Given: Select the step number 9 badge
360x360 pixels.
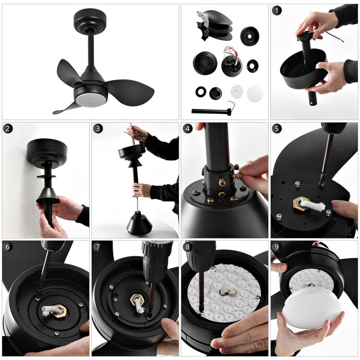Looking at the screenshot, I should click(x=277, y=247).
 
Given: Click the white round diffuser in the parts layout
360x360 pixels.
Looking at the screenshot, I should click(x=255, y=93).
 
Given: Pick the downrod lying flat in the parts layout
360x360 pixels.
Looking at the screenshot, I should click(x=211, y=111).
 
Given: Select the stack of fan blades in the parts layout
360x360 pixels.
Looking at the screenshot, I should click(x=215, y=25).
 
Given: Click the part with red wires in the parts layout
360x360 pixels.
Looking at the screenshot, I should click(x=231, y=62).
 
